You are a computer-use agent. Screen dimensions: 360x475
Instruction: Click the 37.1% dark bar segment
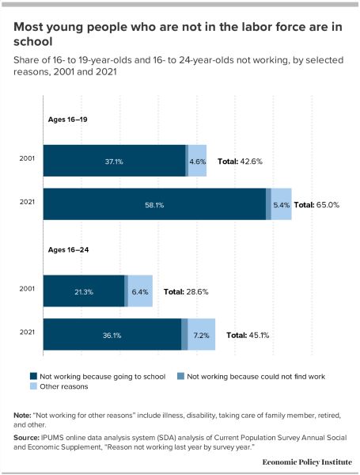(x=114, y=161)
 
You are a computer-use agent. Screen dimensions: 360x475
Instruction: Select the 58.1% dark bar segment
(x=154, y=204)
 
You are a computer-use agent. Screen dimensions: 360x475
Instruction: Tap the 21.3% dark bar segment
(x=84, y=291)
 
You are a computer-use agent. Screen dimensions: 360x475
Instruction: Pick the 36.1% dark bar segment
(x=112, y=334)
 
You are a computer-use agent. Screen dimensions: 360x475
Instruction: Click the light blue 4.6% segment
(x=198, y=161)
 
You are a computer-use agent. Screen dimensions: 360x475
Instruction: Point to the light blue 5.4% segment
(x=282, y=204)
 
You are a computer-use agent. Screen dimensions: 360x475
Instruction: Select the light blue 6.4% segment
(x=140, y=291)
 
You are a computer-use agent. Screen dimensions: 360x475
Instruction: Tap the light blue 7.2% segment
(x=201, y=334)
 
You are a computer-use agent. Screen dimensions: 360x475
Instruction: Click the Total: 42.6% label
(x=240, y=161)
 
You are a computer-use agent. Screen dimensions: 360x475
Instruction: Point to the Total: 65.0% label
(x=316, y=205)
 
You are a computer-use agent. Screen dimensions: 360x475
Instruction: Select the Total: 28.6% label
(x=186, y=291)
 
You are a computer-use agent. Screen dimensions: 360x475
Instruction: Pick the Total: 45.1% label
(x=248, y=336)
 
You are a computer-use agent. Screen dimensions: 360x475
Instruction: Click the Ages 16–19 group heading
(x=68, y=120)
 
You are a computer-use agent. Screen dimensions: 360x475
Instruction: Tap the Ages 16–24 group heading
(x=68, y=250)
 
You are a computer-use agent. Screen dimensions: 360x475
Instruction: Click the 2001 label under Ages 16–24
(x=27, y=289)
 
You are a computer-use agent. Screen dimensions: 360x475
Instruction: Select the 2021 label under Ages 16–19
(x=27, y=202)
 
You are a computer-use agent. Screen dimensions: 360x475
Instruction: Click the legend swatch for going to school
(x=33, y=377)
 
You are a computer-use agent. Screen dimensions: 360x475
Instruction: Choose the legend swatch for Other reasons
(x=33, y=386)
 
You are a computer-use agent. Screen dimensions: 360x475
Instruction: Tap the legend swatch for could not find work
(x=180, y=377)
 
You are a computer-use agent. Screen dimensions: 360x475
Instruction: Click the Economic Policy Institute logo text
(x=307, y=462)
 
